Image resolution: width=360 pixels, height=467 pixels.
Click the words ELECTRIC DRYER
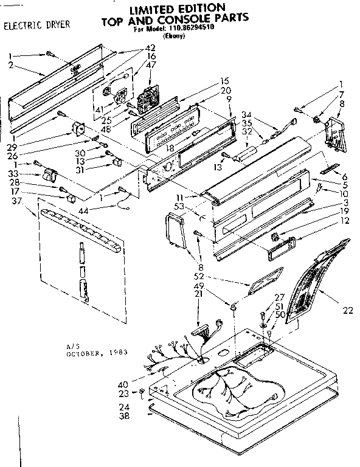[x=36, y=26]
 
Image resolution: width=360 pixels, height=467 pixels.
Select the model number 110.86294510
[x=194, y=29]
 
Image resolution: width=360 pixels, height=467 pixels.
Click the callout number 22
[x=347, y=311]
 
